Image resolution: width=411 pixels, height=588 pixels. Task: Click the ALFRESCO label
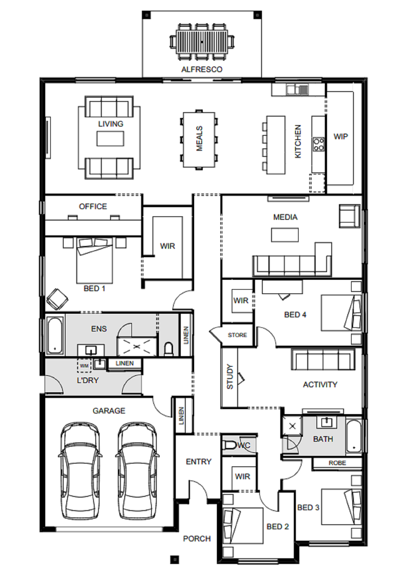coord(202,69)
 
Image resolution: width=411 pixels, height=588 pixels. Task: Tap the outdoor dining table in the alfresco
coord(202,42)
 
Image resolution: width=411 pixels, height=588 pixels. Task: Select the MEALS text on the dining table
coord(199,139)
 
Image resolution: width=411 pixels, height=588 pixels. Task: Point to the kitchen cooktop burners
coord(319,144)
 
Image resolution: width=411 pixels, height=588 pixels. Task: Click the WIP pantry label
coord(341,137)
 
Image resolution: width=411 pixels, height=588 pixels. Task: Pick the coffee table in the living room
coord(110,139)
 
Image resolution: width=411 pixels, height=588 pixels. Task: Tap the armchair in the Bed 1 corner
coord(57,299)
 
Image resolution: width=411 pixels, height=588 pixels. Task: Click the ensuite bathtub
coord(55,335)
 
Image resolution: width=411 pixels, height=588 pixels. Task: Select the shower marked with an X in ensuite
coord(137,347)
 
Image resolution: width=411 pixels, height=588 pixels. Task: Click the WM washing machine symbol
coord(84,366)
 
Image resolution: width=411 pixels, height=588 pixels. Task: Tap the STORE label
coord(237,335)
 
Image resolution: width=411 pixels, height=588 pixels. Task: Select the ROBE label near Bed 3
coord(337,463)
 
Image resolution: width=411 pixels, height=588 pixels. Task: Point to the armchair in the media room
coord(349,216)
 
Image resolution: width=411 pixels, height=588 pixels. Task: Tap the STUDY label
coord(230,377)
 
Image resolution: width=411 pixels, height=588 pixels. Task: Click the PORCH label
coord(197,539)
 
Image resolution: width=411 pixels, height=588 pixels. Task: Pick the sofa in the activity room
coord(323,359)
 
